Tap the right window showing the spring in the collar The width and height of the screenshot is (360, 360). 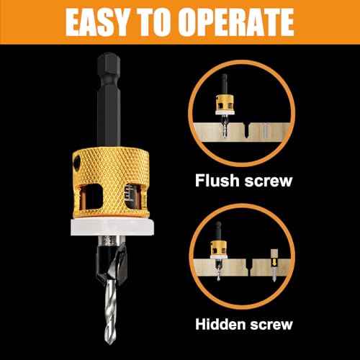(130, 191)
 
